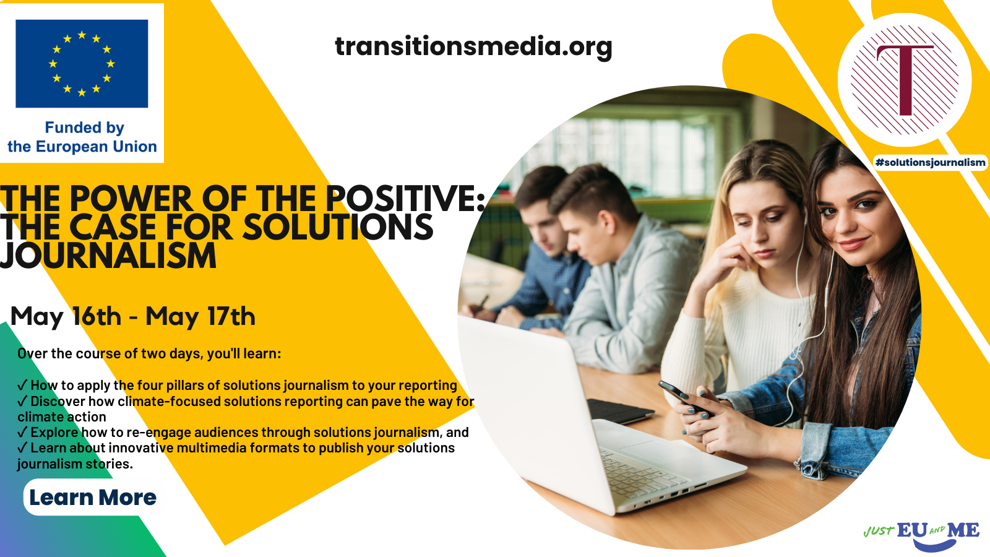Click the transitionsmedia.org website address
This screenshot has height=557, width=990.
473,47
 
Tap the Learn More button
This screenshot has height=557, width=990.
93,498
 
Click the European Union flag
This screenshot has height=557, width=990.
82,64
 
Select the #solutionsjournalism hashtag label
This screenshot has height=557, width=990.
931,163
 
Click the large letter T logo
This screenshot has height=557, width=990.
905,80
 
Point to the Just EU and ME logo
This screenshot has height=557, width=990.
921,535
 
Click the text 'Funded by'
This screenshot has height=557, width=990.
84,127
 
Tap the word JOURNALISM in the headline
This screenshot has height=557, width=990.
108,256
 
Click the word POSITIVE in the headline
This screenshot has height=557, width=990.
405,198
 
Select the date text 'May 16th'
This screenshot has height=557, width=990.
66,317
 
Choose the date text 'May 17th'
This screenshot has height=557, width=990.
200,317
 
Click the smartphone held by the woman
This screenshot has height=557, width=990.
686,399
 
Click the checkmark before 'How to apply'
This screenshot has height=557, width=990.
22,386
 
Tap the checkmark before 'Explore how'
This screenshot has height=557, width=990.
22,433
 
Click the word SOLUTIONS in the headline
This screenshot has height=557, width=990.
338,227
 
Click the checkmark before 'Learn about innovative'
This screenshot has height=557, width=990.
22,448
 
